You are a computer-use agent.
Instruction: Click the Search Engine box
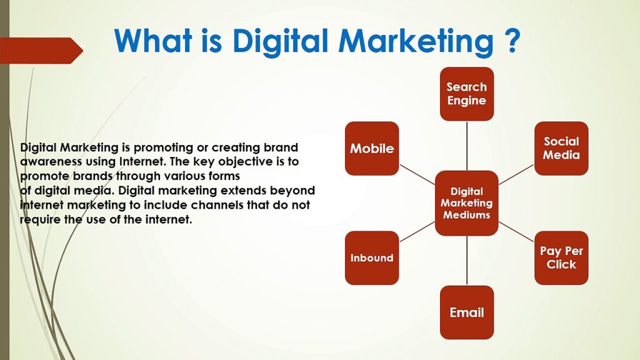467,94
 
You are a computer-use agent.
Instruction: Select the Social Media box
561,148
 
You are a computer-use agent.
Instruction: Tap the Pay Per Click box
561,258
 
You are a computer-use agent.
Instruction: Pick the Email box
467,312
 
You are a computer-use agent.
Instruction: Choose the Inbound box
372,258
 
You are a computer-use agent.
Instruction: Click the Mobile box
372,148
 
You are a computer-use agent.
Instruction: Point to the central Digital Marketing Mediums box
467,203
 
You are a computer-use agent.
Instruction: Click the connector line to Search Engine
467,146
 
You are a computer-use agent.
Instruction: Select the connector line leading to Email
467,261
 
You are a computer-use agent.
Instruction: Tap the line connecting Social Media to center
516,175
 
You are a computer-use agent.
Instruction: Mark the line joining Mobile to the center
417,175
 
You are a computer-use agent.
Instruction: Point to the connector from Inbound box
417,232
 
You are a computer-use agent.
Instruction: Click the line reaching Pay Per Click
516,232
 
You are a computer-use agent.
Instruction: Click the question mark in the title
510,41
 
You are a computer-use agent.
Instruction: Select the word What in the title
153,41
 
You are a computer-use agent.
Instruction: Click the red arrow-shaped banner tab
41,51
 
